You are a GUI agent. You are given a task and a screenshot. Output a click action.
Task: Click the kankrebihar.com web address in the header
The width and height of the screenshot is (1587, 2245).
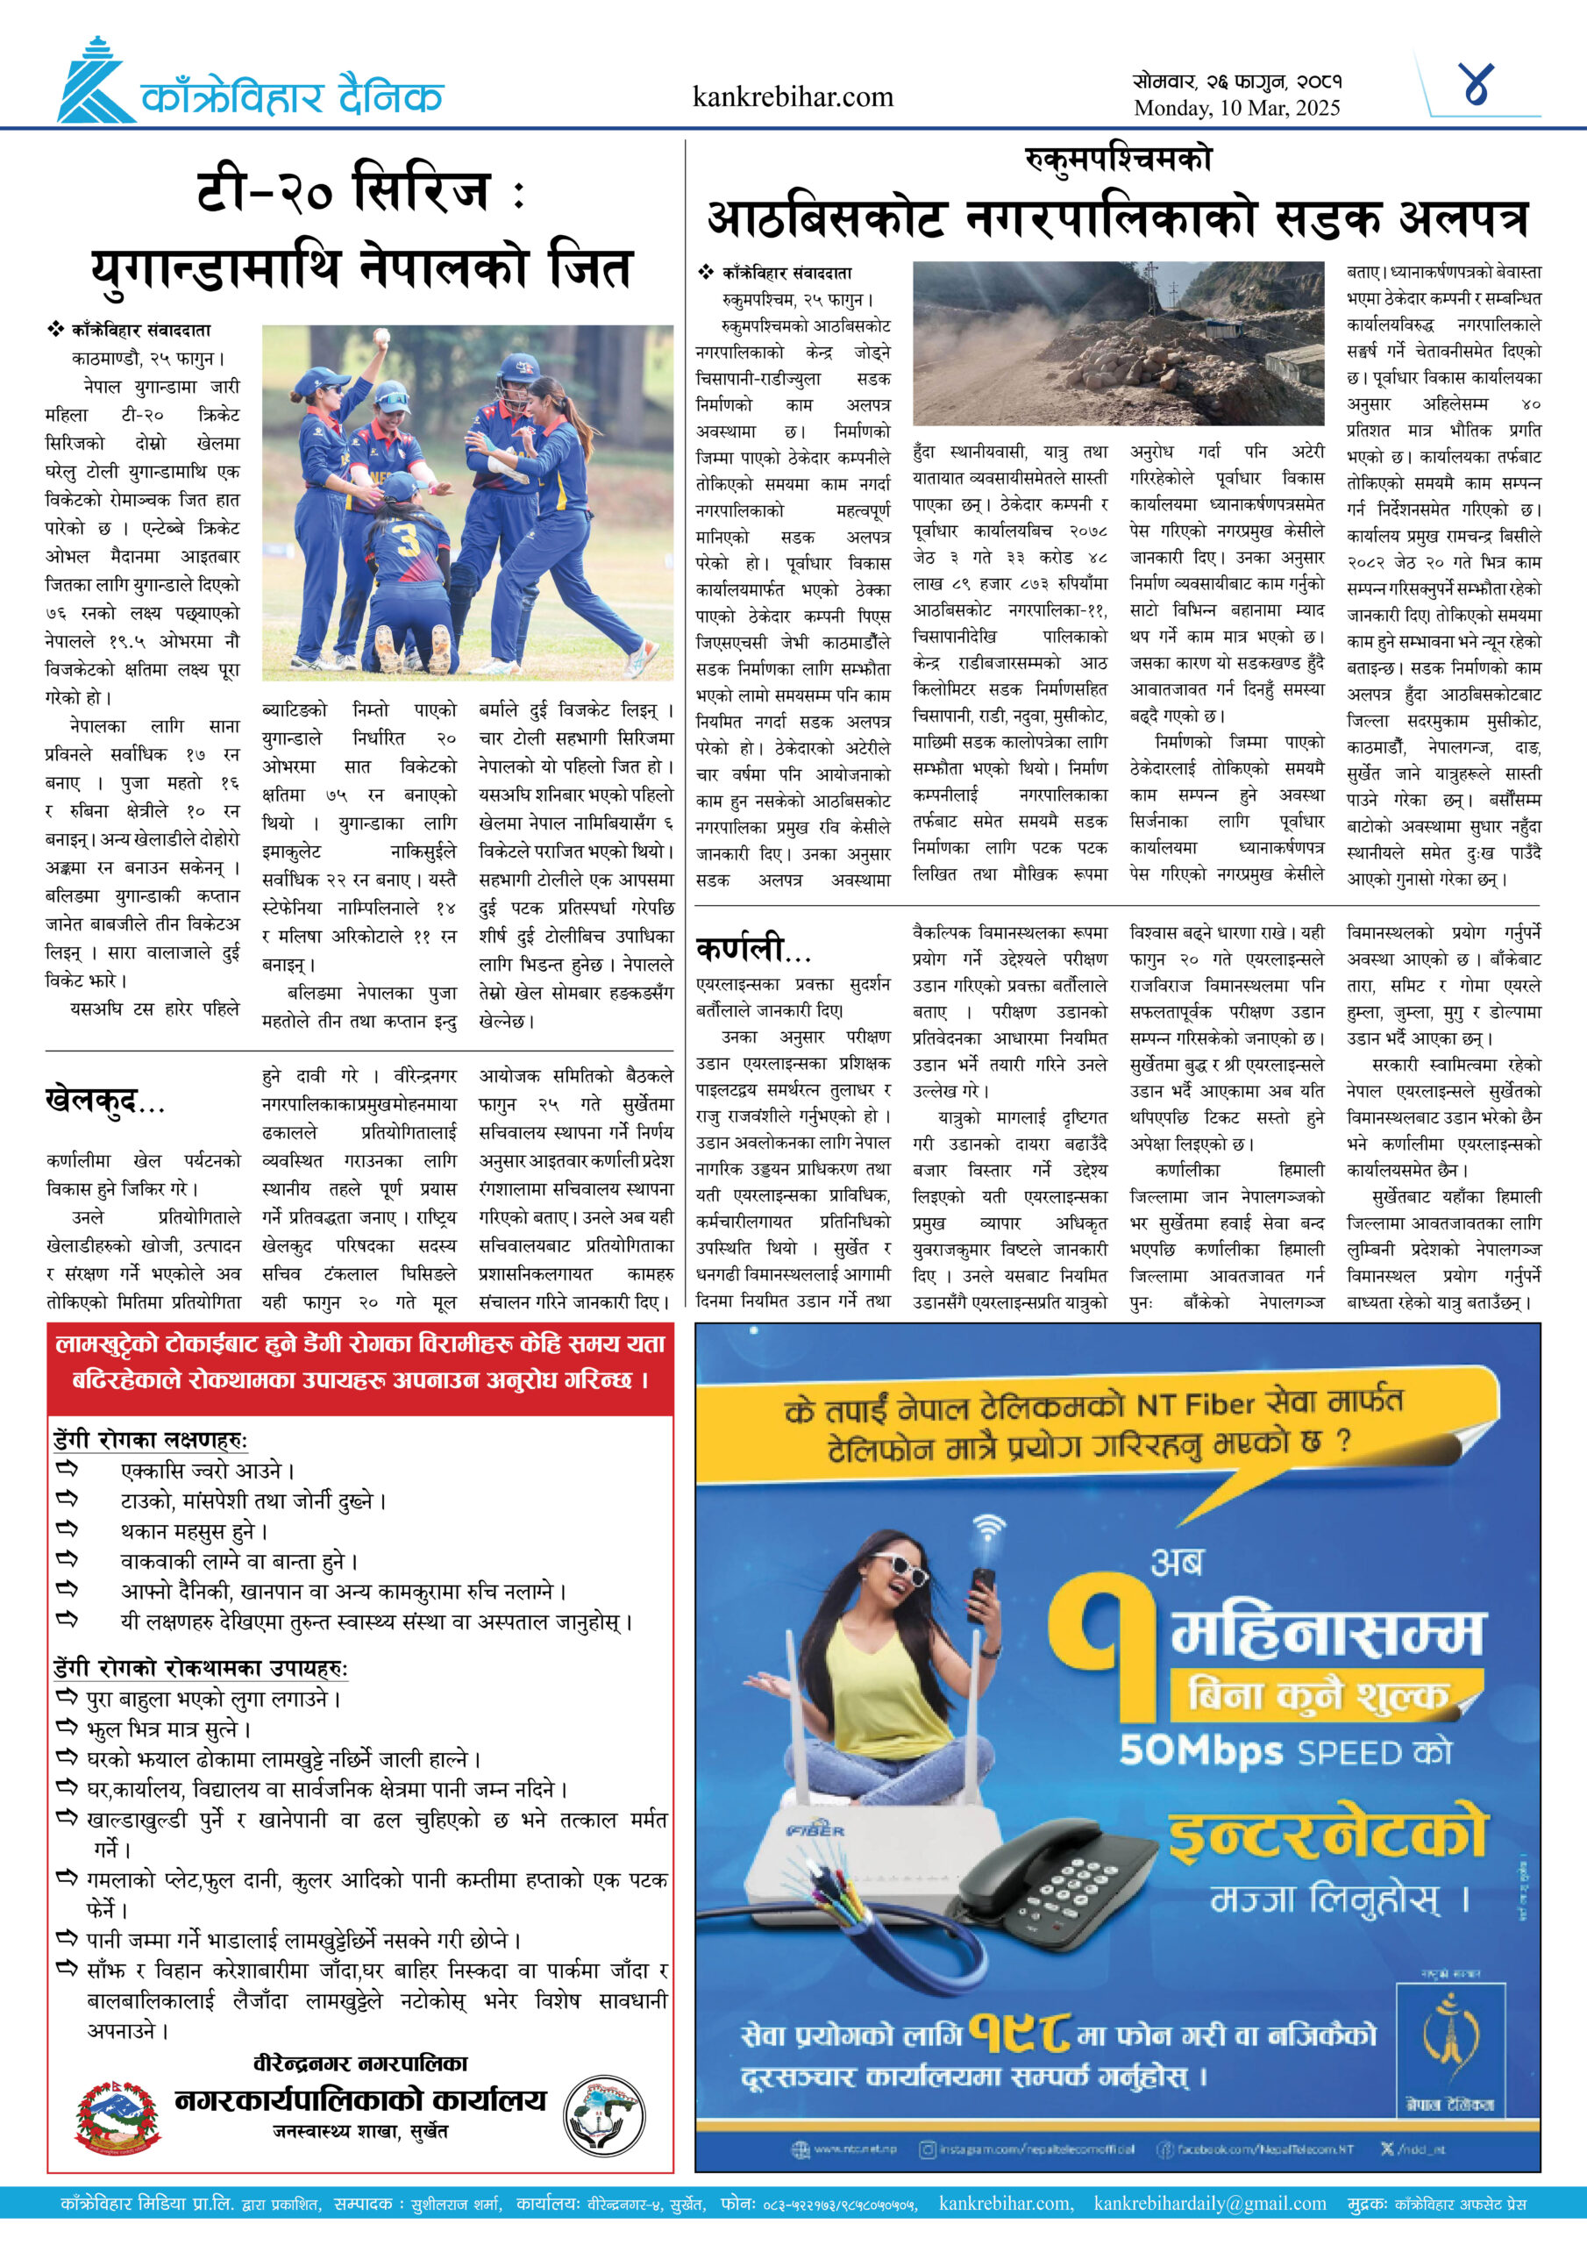click(792, 96)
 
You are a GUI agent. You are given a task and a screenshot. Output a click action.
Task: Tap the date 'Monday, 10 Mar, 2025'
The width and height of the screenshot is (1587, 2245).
click(1236, 109)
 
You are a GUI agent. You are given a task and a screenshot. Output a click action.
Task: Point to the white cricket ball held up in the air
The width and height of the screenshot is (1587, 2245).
click(381, 338)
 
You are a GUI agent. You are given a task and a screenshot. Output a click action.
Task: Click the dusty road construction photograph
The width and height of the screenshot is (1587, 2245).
click(1118, 343)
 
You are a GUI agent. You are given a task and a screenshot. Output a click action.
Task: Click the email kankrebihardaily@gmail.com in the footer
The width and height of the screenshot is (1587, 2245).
click(1210, 2203)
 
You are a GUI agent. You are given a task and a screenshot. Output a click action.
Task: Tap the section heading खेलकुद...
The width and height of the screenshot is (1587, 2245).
click(104, 1101)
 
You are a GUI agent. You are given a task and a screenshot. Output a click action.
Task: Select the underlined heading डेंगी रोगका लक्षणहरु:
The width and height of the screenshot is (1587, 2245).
click(151, 1439)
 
